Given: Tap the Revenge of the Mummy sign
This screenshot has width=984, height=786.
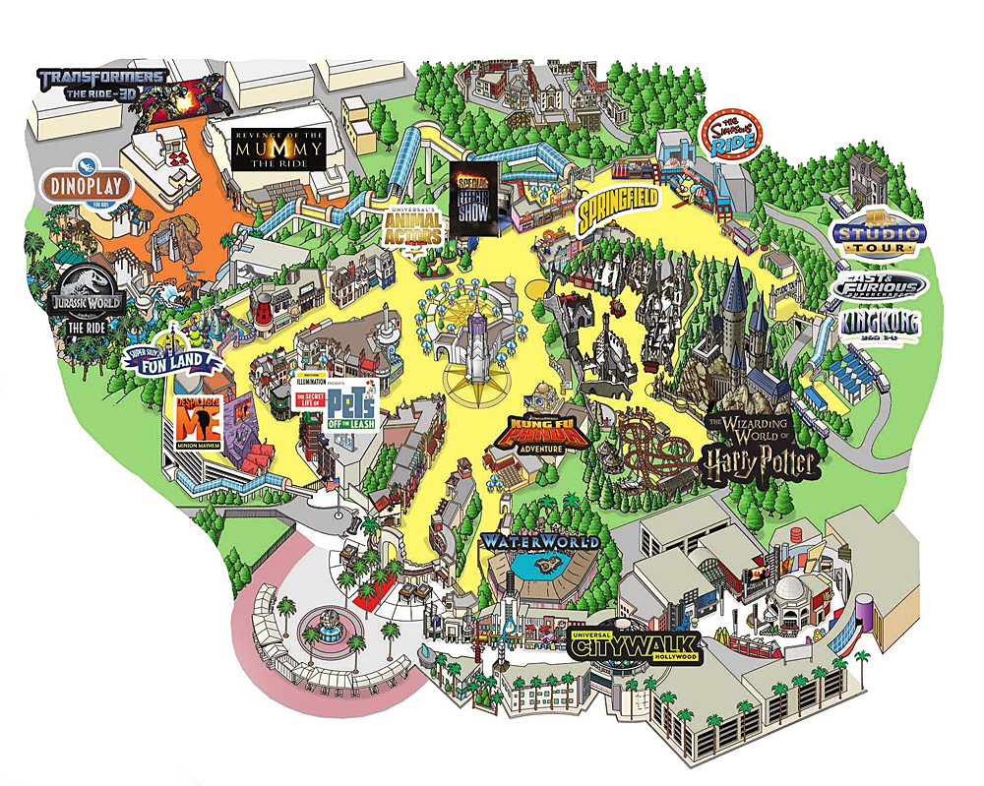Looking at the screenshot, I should tap(278, 149).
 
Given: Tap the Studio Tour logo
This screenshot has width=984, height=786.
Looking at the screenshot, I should tap(878, 237).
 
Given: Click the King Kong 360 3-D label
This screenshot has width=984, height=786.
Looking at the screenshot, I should tap(880, 324).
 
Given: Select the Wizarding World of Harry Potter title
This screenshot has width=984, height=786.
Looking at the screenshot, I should tap(758, 446).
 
